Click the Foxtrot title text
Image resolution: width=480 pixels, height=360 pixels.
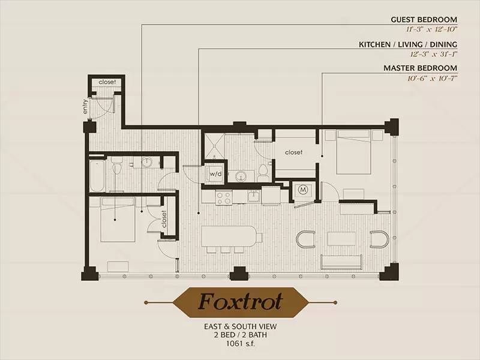[241, 302]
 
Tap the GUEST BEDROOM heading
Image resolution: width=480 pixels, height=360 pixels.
[424, 20]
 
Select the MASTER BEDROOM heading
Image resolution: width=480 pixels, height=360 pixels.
[421, 68]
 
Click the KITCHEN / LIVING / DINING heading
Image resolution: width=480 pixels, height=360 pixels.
[408, 44]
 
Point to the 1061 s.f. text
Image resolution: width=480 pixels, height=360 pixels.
[241, 343]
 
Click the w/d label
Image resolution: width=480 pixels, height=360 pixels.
[215, 174]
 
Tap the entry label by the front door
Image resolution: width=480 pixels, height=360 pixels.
[85, 106]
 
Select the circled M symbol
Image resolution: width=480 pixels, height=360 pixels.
[303, 190]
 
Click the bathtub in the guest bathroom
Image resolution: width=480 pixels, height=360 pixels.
[97, 175]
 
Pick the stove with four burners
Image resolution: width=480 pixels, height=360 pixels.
[224, 197]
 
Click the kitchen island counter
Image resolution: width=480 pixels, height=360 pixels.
[229, 236]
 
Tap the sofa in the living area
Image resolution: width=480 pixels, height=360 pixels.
[341, 262]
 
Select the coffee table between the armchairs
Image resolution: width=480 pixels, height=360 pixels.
[341, 239]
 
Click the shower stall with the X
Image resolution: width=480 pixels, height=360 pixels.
[214, 146]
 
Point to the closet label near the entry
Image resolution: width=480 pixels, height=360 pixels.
[107, 82]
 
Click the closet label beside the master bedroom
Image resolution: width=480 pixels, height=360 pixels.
[293, 152]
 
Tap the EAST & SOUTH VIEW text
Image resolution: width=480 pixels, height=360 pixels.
[241, 326]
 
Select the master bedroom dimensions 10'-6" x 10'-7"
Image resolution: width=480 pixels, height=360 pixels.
[432, 79]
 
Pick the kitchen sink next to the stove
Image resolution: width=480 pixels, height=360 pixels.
[254, 197]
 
